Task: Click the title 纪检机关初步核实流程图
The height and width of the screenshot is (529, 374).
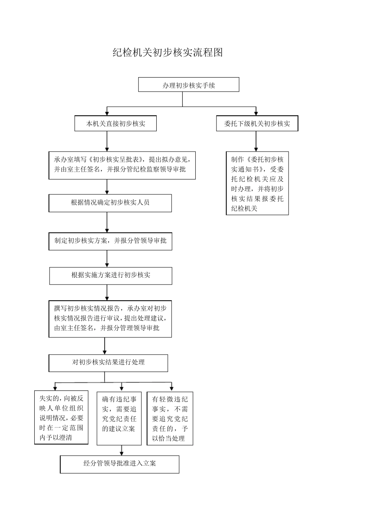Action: pyautogui.click(x=168, y=53)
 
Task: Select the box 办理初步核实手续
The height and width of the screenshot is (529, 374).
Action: pyautogui.click(x=189, y=85)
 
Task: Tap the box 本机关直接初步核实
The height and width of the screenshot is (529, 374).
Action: pyautogui.click(x=116, y=124)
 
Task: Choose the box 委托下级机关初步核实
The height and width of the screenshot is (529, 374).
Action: pyautogui.click(x=257, y=124)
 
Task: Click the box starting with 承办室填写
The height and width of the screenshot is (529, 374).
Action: pyautogui.click(x=122, y=165)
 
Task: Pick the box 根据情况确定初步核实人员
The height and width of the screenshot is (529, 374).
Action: pyautogui.click(x=110, y=203)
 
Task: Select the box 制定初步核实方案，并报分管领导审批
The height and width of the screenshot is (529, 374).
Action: pyautogui.click(x=110, y=241)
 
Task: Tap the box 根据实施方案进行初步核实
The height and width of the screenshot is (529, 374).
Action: pyautogui.click(x=111, y=276)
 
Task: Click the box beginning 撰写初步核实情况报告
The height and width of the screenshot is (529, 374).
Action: pyautogui.click(x=110, y=318)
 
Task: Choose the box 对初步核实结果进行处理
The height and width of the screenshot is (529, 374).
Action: pyautogui.click(x=108, y=363)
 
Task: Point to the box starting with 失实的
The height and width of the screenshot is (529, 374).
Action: pyautogui.click(x=61, y=418)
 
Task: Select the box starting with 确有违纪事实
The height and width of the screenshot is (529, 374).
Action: pyautogui.click(x=119, y=418)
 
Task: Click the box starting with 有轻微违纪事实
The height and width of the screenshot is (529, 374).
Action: pyautogui.click(x=170, y=418)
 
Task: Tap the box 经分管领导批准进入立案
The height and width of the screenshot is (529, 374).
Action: pyautogui.click(x=120, y=464)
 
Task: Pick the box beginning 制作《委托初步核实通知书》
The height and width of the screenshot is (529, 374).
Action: pyautogui.click(x=257, y=183)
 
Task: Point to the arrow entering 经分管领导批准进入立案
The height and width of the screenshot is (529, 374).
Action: pyautogui.click(x=122, y=451)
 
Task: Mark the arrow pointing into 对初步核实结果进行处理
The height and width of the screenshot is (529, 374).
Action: pyautogui.click(x=105, y=346)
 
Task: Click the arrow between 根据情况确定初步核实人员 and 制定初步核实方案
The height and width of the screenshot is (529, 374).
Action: pyautogui.click(x=107, y=223)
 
